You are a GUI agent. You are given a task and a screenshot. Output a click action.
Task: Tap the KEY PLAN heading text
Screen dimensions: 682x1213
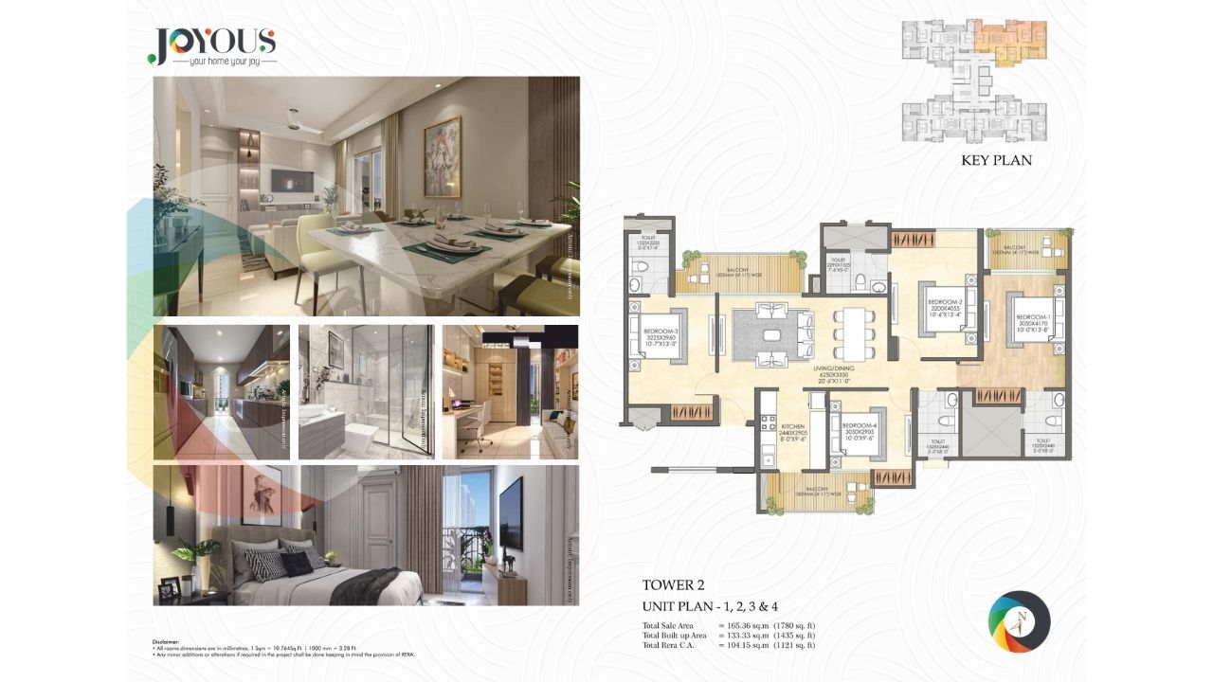[996, 160]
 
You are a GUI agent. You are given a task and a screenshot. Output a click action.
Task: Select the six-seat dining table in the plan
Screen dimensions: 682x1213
[849, 333]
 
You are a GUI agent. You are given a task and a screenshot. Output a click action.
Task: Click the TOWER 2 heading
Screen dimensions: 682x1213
[675, 585]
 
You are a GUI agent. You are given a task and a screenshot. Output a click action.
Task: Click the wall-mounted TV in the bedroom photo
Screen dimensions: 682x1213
[510, 512]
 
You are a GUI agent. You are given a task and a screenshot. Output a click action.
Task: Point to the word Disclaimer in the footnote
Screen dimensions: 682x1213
[166, 641]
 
